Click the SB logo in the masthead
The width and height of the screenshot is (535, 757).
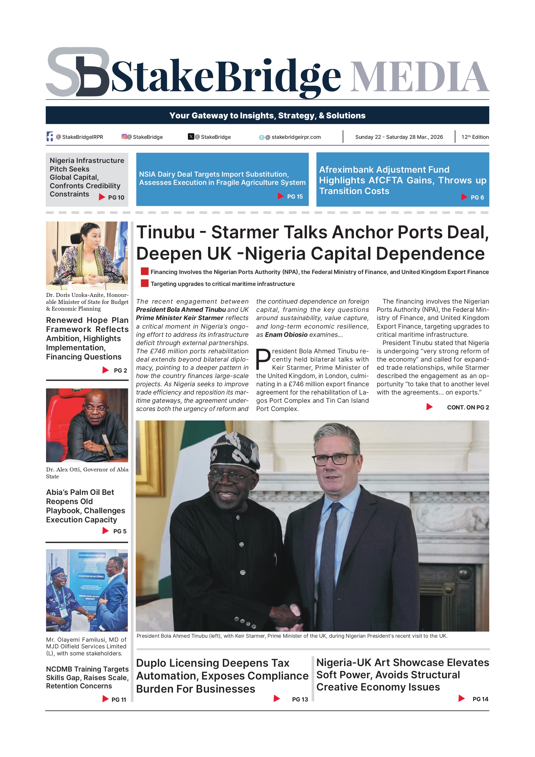77,72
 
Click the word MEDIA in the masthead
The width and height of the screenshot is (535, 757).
419,77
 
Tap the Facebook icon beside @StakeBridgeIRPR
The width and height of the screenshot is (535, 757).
50,136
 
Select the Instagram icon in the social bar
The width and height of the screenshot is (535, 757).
124,136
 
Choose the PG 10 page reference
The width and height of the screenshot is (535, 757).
116,197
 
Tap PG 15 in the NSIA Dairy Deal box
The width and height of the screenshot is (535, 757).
295,196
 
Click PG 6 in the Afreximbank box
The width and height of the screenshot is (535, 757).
477,197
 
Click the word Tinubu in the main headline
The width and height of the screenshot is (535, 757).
166,233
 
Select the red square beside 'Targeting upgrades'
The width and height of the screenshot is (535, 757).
144,283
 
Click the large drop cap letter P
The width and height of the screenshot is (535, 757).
263,359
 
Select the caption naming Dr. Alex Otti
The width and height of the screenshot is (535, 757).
87,473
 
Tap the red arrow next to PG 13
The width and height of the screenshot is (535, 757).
277,698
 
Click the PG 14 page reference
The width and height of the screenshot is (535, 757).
480,699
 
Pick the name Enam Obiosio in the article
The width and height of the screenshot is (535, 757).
286,335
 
